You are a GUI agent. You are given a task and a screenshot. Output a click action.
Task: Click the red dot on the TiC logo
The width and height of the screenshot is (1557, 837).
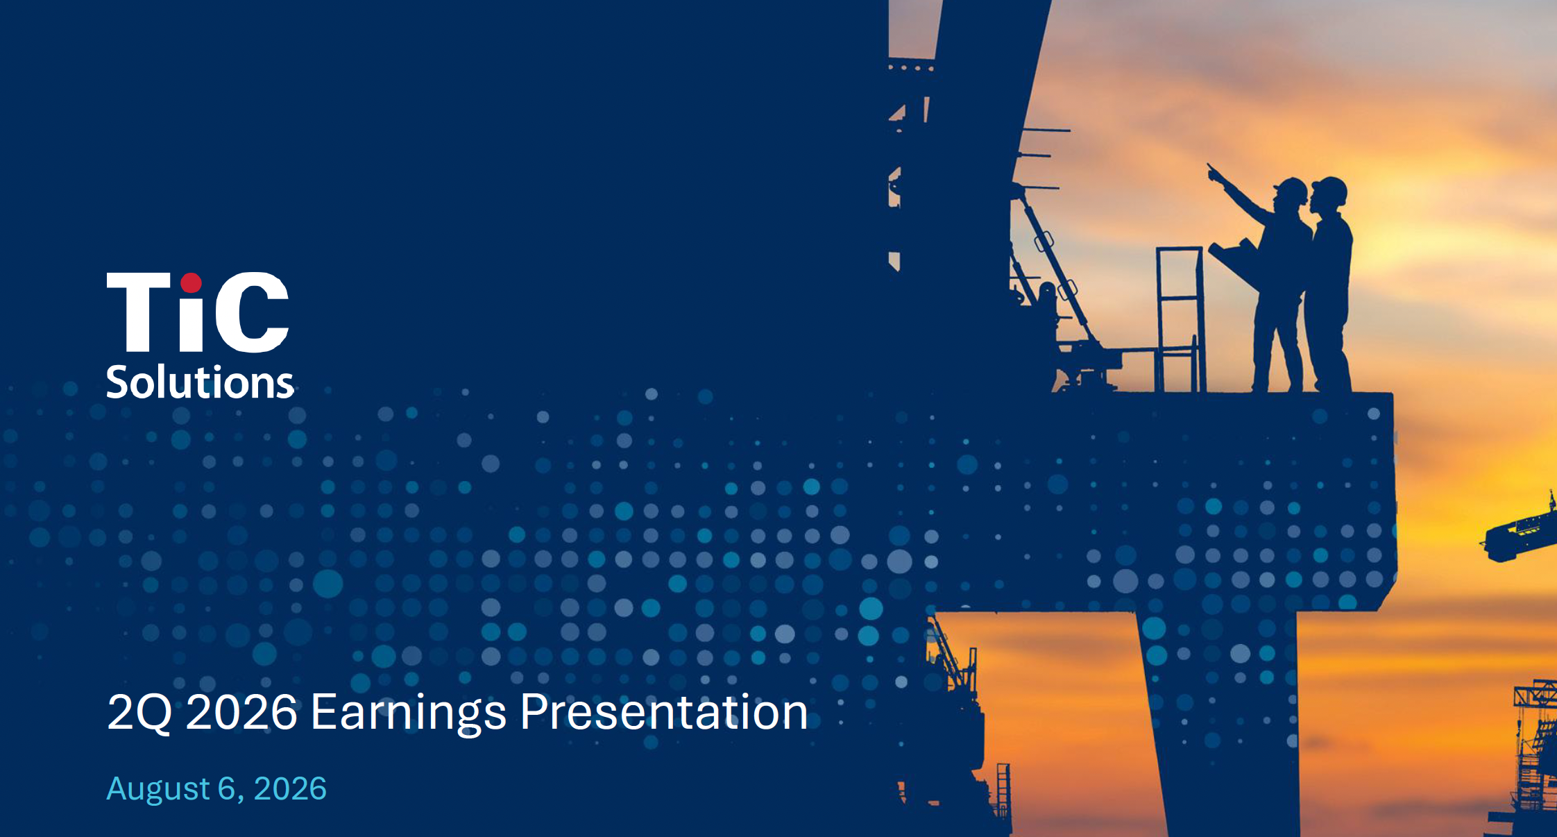pos(191,283)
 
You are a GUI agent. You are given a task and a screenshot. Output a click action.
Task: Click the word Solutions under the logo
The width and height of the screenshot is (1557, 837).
pos(200,382)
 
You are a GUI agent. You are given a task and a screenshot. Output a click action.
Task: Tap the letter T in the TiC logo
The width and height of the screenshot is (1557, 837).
pos(139,312)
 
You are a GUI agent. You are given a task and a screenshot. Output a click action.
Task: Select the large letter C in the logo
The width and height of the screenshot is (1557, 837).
pos(252,312)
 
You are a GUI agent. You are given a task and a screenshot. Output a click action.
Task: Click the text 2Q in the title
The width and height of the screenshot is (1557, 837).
pos(139,713)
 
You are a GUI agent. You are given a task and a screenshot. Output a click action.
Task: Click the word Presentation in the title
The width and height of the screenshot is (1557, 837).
pos(664,712)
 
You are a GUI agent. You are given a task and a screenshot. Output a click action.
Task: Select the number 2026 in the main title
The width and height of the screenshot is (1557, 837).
pos(241,712)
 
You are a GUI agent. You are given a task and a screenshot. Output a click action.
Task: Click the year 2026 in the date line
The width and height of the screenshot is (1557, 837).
pos(290,789)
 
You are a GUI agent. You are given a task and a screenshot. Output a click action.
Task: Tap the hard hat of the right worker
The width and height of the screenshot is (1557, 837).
pos(1329,188)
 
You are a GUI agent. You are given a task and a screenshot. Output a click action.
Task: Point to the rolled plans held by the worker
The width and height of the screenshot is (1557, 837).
pos(1234,260)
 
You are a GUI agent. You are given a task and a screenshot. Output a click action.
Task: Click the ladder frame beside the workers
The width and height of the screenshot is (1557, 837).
pos(1179,319)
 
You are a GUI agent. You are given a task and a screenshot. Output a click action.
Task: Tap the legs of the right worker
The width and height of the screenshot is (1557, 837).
pos(1328,340)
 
